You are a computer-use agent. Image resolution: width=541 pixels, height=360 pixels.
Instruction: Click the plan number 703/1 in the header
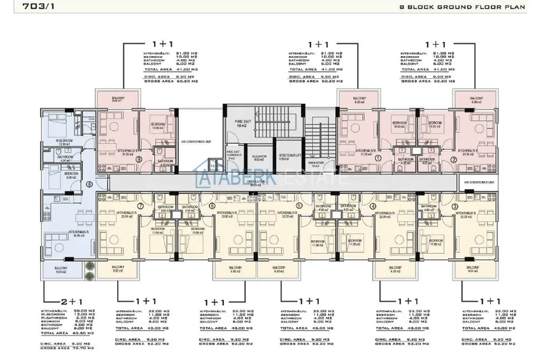pos(20,8)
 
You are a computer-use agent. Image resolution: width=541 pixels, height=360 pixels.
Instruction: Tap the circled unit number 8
pos(90,184)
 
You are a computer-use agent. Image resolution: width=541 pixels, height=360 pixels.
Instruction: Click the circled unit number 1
pos(377,158)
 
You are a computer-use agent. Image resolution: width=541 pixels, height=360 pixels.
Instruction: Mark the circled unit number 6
pos(211,206)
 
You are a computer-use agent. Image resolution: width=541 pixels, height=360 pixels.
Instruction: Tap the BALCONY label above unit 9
pos(116,99)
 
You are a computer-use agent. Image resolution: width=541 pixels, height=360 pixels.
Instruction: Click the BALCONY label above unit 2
pos(477,99)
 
